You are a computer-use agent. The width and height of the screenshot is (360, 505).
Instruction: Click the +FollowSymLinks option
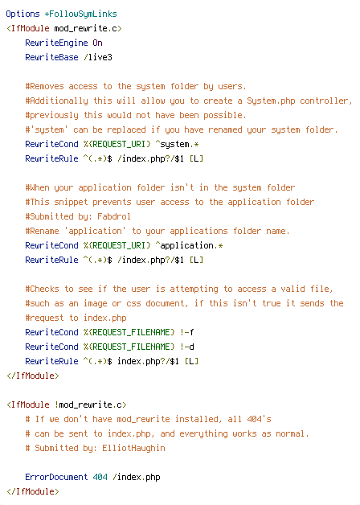80,14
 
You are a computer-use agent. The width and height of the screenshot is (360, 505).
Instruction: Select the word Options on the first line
22,14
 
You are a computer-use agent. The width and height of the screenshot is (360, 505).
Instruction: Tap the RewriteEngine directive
56,43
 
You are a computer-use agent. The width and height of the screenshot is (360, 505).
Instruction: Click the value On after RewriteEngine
97,43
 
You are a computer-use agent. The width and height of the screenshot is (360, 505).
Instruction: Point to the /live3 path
98,57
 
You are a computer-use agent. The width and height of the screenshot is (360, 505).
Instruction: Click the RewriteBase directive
51,57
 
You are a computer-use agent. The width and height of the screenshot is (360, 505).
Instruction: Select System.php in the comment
271,101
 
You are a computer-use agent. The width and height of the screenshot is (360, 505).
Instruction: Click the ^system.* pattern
178,144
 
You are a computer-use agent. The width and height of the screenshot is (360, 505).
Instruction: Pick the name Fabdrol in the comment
114,216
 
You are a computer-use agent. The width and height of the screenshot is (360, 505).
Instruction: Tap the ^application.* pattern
189,245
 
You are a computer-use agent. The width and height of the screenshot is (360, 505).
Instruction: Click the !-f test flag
187,332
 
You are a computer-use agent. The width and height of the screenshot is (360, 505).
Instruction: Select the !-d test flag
187,347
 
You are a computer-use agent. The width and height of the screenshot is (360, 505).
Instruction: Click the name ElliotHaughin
134,448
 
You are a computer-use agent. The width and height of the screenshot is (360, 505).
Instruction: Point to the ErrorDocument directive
56,477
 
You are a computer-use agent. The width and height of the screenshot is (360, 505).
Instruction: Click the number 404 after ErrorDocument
100,477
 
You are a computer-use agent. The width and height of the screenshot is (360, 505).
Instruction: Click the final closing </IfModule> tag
32,491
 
